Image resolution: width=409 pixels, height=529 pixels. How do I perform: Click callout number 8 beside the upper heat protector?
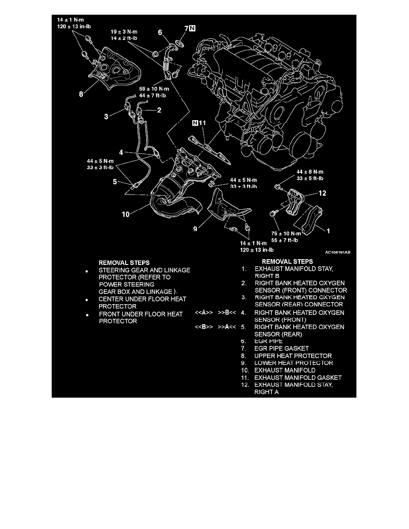[81, 95]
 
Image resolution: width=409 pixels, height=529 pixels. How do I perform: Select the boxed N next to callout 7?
[192, 29]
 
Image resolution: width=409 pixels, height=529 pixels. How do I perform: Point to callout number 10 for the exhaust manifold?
[126, 214]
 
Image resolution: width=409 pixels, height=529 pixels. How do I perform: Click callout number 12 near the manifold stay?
[323, 194]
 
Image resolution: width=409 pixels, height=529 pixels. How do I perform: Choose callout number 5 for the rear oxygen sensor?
[115, 182]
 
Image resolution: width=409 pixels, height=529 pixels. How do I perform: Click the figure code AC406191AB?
[337, 252]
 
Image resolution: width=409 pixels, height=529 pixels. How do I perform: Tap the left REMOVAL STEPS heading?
[124, 263]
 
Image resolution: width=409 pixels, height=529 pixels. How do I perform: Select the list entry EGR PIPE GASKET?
[281, 348]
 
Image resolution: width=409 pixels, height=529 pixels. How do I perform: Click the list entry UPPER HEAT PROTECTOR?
[293, 356]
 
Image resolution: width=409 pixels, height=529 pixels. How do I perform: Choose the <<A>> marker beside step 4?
[204, 313]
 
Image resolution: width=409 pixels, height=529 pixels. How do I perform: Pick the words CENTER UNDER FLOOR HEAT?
[142, 299]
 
